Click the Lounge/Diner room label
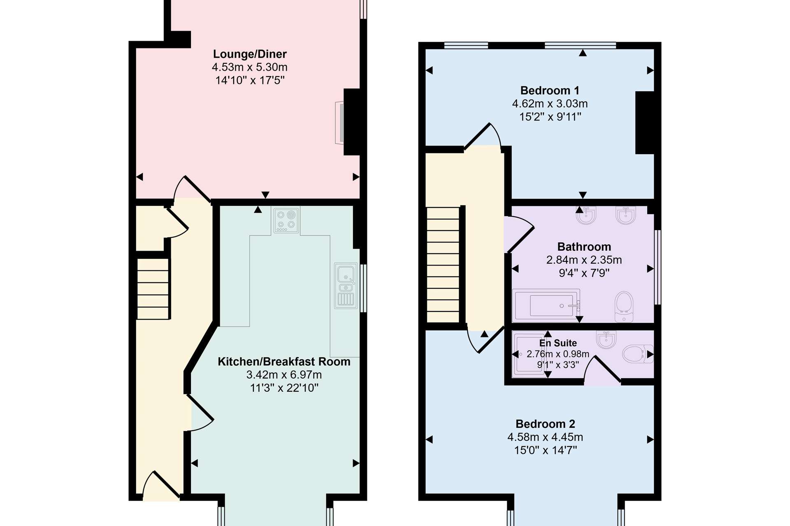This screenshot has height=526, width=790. (250, 54)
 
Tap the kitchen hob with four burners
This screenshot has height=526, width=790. (286, 220)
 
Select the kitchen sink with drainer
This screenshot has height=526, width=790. (346, 286)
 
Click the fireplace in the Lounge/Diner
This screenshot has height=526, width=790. (340, 123)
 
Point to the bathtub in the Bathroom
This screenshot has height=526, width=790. (546, 306)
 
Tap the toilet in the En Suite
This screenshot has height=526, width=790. (637, 354)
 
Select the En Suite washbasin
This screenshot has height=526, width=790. (606, 339)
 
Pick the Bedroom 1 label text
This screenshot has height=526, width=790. (550, 90)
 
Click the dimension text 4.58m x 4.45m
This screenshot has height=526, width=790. (545, 437)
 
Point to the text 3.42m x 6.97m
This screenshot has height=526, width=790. (284, 374)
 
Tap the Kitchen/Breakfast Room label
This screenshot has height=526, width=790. (284, 362)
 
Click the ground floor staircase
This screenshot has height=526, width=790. (153, 288)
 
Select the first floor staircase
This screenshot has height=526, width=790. (443, 265)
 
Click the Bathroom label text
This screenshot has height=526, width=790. (584, 247)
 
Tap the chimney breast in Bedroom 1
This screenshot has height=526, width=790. (645, 123)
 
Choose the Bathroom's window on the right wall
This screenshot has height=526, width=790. (658, 267)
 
